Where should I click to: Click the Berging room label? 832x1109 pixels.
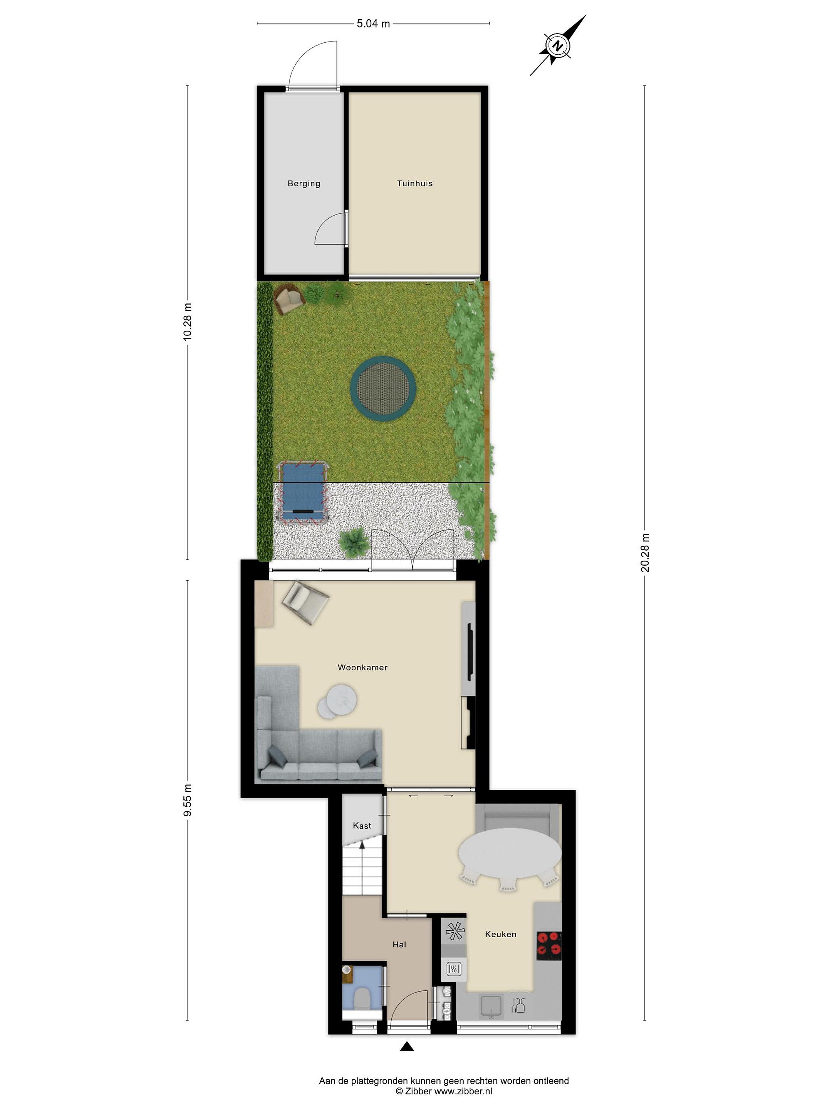point(304,184)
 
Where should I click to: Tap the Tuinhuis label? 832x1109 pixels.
point(415,184)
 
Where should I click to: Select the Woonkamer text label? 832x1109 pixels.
point(362,667)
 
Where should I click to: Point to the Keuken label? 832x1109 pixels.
point(500,934)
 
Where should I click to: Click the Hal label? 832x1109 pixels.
point(399,945)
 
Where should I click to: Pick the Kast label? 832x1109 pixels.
point(362,826)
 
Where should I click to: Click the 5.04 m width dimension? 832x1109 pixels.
point(373,23)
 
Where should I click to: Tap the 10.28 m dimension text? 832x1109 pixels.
point(188,322)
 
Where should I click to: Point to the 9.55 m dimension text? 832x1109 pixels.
point(188,800)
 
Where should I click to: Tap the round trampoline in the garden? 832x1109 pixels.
point(384,387)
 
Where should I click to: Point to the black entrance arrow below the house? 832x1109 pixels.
point(407,1046)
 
